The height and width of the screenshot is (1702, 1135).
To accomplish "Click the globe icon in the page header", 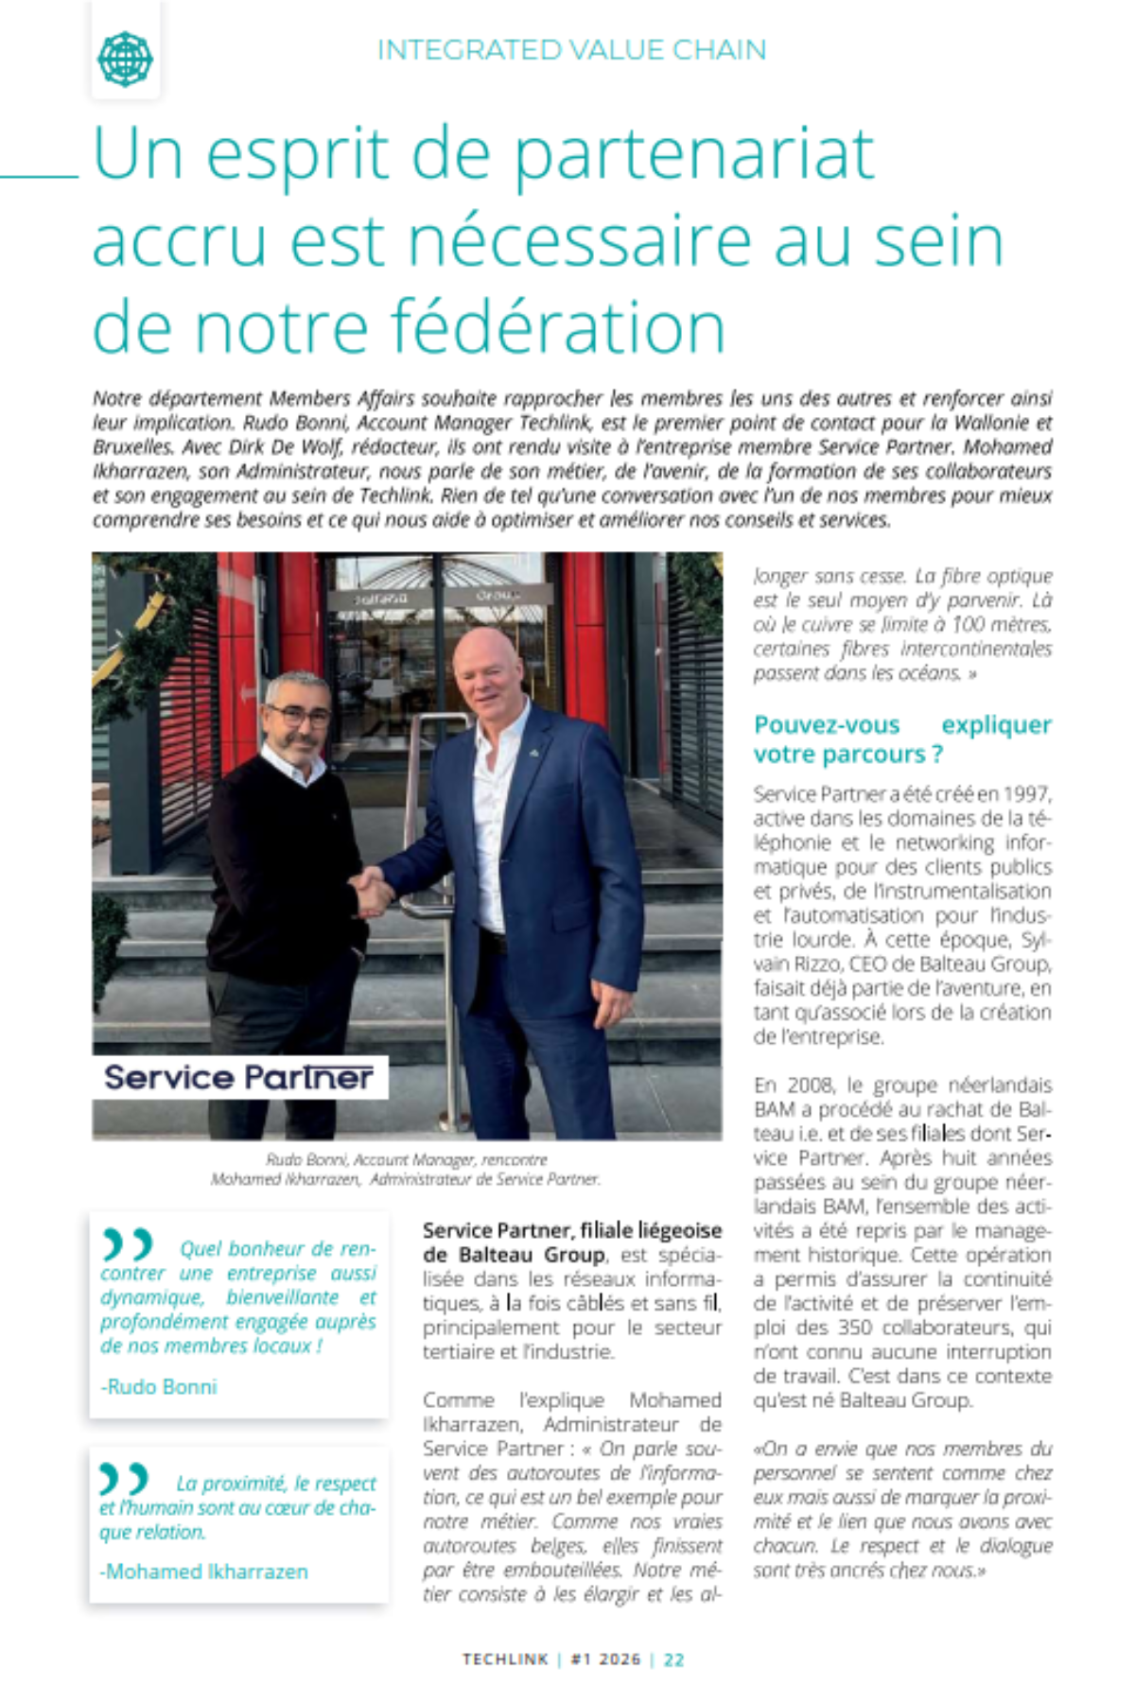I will pos(125,58).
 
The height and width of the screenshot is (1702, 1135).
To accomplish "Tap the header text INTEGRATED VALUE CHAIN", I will pos(571,50).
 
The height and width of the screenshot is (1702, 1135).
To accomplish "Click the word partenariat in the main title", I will pos(694,154).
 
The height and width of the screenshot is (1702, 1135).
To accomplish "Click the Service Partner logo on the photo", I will pos(238,1077).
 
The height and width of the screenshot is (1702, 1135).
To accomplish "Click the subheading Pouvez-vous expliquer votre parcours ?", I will pos(901,739).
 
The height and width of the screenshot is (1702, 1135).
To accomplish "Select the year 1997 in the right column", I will pos(1026,794).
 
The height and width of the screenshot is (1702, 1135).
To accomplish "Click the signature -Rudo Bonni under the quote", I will pos(159,1387).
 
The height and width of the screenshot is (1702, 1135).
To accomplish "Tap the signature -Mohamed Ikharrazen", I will pos(204,1572).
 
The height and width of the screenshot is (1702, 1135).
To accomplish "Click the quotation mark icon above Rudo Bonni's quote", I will pos(127,1243).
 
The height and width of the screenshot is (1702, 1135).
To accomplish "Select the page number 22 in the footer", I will pos(674,1659).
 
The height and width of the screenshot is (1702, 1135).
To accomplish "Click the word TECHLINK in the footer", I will pos(505,1659).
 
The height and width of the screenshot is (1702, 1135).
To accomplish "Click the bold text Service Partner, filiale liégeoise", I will pos(571,1230).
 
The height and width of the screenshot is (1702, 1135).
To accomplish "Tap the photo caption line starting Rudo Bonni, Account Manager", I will pos(407,1159).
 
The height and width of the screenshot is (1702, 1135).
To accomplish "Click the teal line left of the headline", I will pos(40,175).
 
